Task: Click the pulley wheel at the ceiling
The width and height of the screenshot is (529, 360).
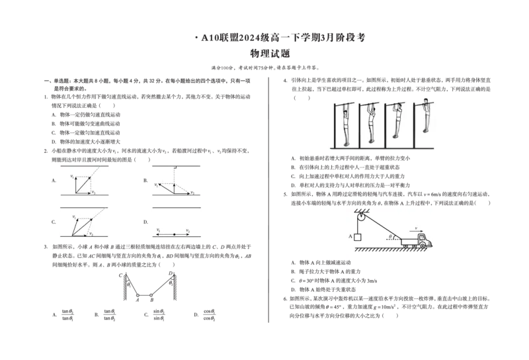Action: click(x=360, y=216)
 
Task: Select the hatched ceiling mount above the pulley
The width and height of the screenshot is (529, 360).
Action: click(x=360, y=208)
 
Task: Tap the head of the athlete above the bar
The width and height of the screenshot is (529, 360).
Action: click(x=425, y=101)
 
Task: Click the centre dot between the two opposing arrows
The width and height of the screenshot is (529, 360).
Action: click(x=174, y=234)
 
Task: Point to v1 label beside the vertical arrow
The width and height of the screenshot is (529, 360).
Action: click(x=73, y=177)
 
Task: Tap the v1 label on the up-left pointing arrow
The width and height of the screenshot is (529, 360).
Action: click(x=156, y=185)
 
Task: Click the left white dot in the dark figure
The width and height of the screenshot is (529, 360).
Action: click(x=138, y=295)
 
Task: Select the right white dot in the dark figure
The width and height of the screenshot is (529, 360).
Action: click(x=151, y=295)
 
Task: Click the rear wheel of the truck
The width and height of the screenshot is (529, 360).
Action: click(x=405, y=246)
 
